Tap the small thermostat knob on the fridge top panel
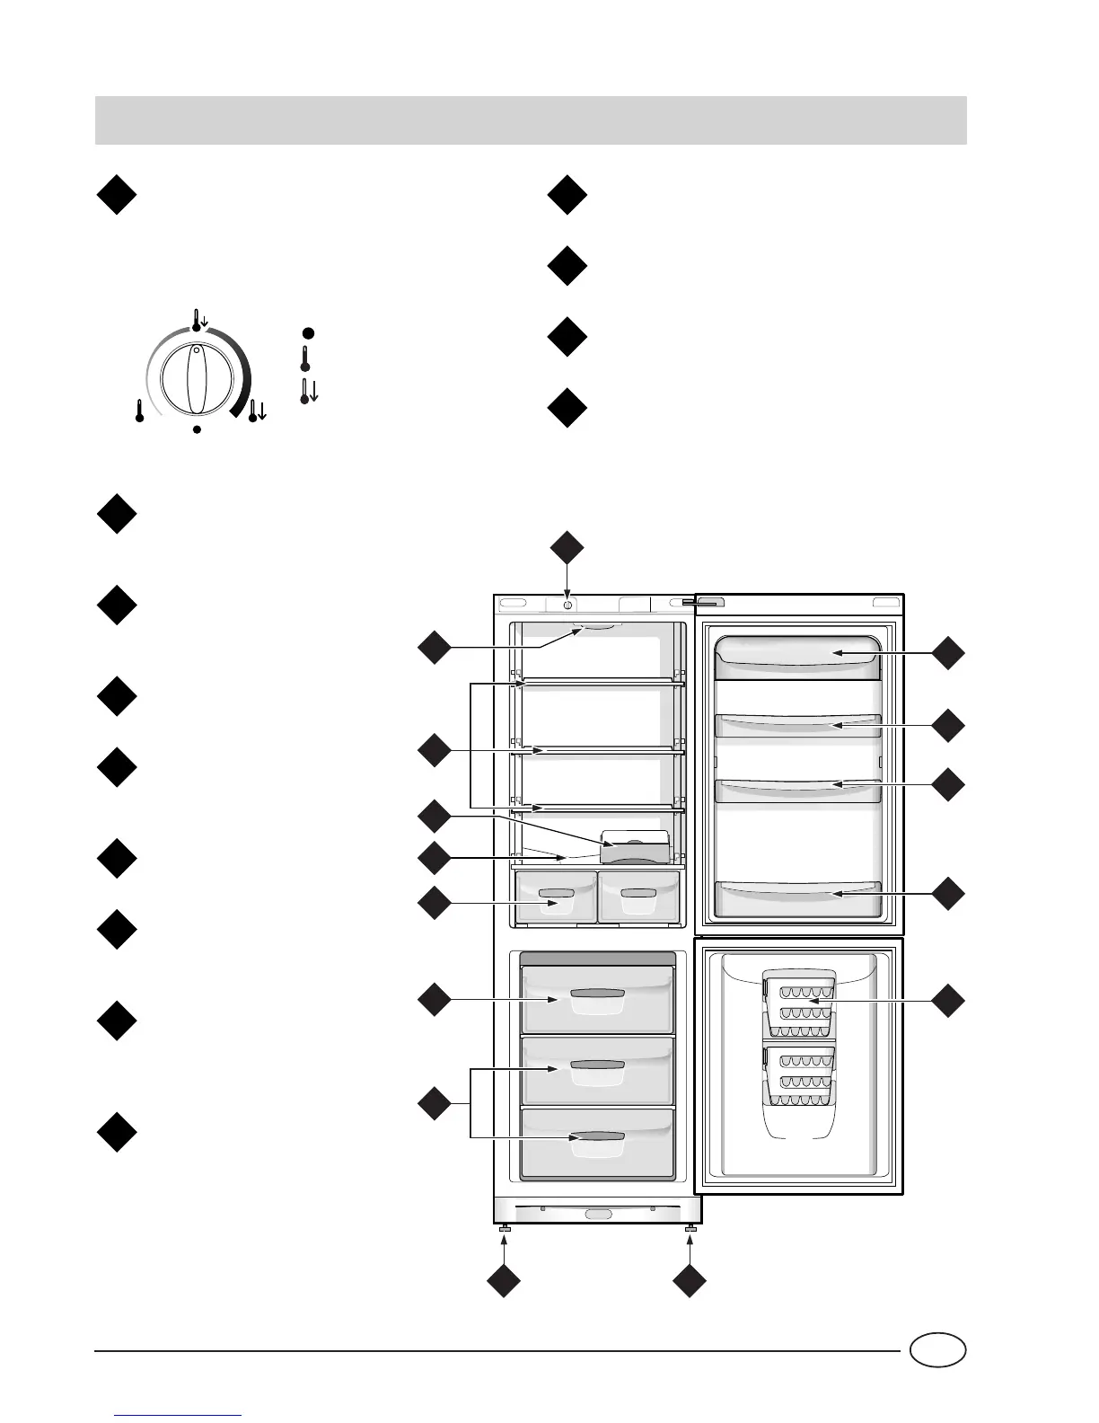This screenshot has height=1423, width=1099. [x=568, y=605]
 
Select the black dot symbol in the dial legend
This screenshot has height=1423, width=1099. [x=307, y=333]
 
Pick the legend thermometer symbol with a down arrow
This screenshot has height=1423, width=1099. [x=308, y=390]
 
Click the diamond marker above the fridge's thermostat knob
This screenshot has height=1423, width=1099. [x=567, y=549]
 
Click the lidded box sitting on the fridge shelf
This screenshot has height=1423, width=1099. [x=635, y=846]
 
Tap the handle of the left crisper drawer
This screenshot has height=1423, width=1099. [x=557, y=894]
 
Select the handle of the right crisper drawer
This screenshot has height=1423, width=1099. [x=637, y=894]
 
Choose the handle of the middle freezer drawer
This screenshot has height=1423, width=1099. [x=597, y=1065]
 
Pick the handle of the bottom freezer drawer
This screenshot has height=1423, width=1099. [x=597, y=1137]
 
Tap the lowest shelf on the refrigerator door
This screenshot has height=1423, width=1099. [x=796, y=892]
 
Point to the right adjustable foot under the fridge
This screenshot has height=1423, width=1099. [x=690, y=1228]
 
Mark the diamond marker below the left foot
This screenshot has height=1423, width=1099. [x=504, y=1281]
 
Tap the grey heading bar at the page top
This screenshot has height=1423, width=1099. [x=531, y=120]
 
